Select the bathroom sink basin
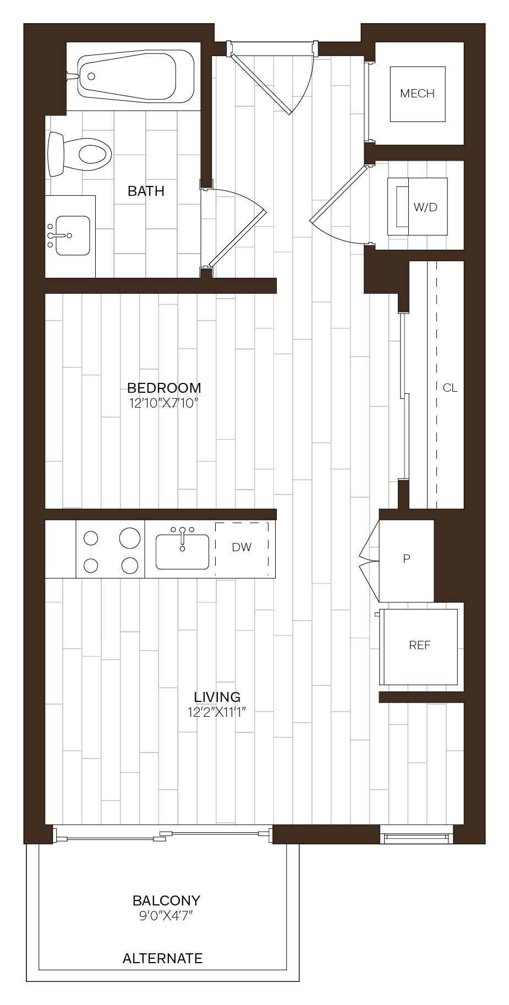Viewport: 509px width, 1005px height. [73, 235]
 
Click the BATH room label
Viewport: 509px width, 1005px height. [146, 191]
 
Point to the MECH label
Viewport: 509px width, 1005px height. [417, 94]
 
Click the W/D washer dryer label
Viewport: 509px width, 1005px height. [425, 207]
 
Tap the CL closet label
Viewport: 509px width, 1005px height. [450, 388]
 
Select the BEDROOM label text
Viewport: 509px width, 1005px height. [164, 388]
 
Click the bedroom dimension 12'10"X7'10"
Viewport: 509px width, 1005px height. [163, 403]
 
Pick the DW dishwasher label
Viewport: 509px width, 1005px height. [242, 547]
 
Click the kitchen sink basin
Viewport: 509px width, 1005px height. [182, 552]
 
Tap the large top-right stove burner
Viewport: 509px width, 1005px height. [130, 537]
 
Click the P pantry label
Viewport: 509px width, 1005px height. [406, 559]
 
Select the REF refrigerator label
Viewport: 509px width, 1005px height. [419, 645]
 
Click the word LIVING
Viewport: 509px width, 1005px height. [217, 697]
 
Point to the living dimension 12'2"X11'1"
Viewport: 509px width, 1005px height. [216, 712]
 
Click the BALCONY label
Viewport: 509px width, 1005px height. [166, 900]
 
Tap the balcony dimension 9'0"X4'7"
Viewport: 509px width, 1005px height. [166, 916]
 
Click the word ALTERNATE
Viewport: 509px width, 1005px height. [162, 958]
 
